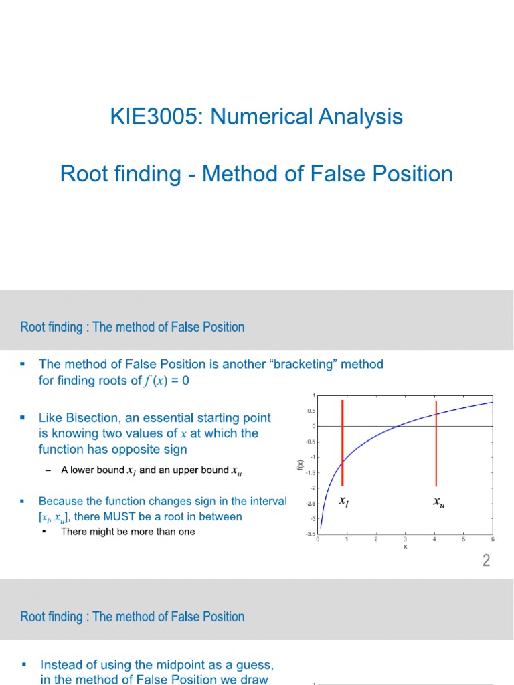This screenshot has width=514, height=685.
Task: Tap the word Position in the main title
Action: pos(412,174)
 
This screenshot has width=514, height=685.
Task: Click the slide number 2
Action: pos(487,561)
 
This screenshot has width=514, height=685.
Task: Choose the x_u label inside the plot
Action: pos(439,502)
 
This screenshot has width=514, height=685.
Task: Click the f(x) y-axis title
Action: pos(302,463)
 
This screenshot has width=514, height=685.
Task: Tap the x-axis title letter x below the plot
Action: pos(405,547)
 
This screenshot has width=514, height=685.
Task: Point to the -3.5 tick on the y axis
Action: pos(310,534)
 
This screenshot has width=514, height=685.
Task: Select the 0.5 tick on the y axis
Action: pos(311,411)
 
